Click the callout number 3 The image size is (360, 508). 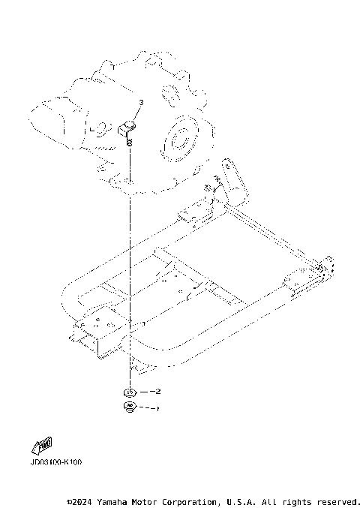tap(140, 102)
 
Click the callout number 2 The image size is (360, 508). tap(157, 392)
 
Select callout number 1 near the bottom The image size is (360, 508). tap(157, 409)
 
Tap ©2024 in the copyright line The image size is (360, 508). tap(79, 500)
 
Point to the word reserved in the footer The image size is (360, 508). tap(338, 500)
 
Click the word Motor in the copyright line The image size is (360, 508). tap(148, 500)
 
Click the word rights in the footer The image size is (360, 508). tap(297, 500)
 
